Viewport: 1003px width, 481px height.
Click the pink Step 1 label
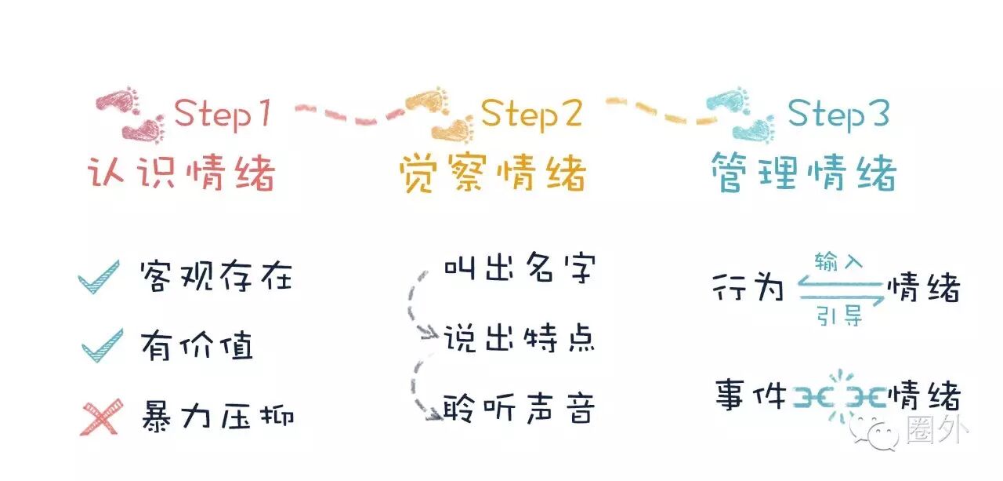(x=223, y=115)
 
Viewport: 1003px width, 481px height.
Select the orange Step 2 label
(x=531, y=115)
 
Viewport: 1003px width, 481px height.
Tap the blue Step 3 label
(x=838, y=115)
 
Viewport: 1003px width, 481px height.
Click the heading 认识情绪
(x=180, y=173)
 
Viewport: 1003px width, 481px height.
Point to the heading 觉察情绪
(x=492, y=173)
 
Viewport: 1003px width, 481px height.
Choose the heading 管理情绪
(x=803, y=173)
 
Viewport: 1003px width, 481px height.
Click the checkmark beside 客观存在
(x=100, y=277)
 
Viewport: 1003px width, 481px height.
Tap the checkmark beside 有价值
(x=101, y=346)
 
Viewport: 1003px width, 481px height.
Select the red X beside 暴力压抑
(x=102, y=417)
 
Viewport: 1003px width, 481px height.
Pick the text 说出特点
(x=520, y=339)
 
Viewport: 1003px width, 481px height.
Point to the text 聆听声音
(x=520, y=408)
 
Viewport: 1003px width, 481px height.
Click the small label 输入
(x=838, y=262)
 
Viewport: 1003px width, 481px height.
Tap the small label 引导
(x=838, y=317)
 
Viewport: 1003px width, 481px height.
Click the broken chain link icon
(x=839, y=395)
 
